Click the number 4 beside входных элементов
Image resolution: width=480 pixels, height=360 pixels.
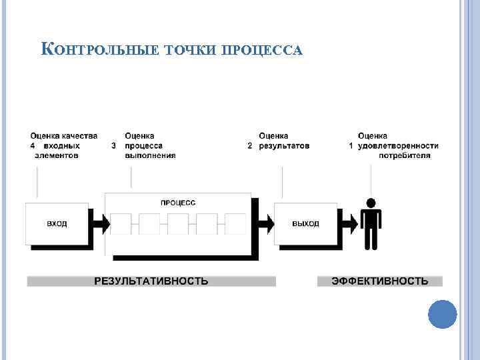click(x=32, y=145)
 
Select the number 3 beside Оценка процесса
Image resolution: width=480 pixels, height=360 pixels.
click(x=114, y=145)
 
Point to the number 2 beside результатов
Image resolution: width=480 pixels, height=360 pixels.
click(x=250, y=145)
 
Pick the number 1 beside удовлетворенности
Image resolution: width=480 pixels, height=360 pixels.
click(x=351, y=145)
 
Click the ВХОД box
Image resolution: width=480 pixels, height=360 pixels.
click(x=57, y=223)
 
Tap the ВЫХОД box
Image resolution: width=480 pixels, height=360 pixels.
click(x=305, y=223)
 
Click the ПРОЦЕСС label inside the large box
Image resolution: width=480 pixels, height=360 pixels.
click(x=178, y=203)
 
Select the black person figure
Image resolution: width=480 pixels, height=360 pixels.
click(x=371, y=223)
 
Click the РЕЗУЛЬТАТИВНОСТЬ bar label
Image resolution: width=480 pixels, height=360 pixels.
click(x=151, y=281)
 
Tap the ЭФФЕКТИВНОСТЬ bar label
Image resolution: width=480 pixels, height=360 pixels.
click(x=380, y=281)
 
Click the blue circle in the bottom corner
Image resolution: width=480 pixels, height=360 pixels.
click(x=442, y=314)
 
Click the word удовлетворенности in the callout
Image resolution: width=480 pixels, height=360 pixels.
click(x=398, y=145)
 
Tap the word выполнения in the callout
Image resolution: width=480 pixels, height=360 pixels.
click(x=150, y=155)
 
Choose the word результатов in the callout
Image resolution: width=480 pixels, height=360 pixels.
click(x=284, y=145)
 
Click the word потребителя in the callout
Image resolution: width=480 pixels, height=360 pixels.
click(x=405, y=155)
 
